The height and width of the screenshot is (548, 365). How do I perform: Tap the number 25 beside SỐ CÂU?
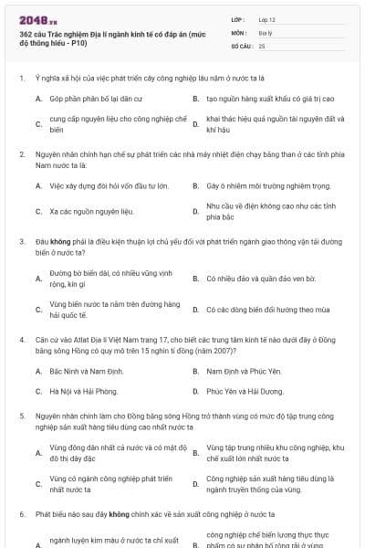tap(262, 45)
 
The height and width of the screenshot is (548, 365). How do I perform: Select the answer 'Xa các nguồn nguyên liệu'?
tap(84, 211)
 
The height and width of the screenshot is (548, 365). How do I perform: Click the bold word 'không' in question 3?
tap(62, 242)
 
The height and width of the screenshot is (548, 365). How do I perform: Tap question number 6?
tap(21, 515)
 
